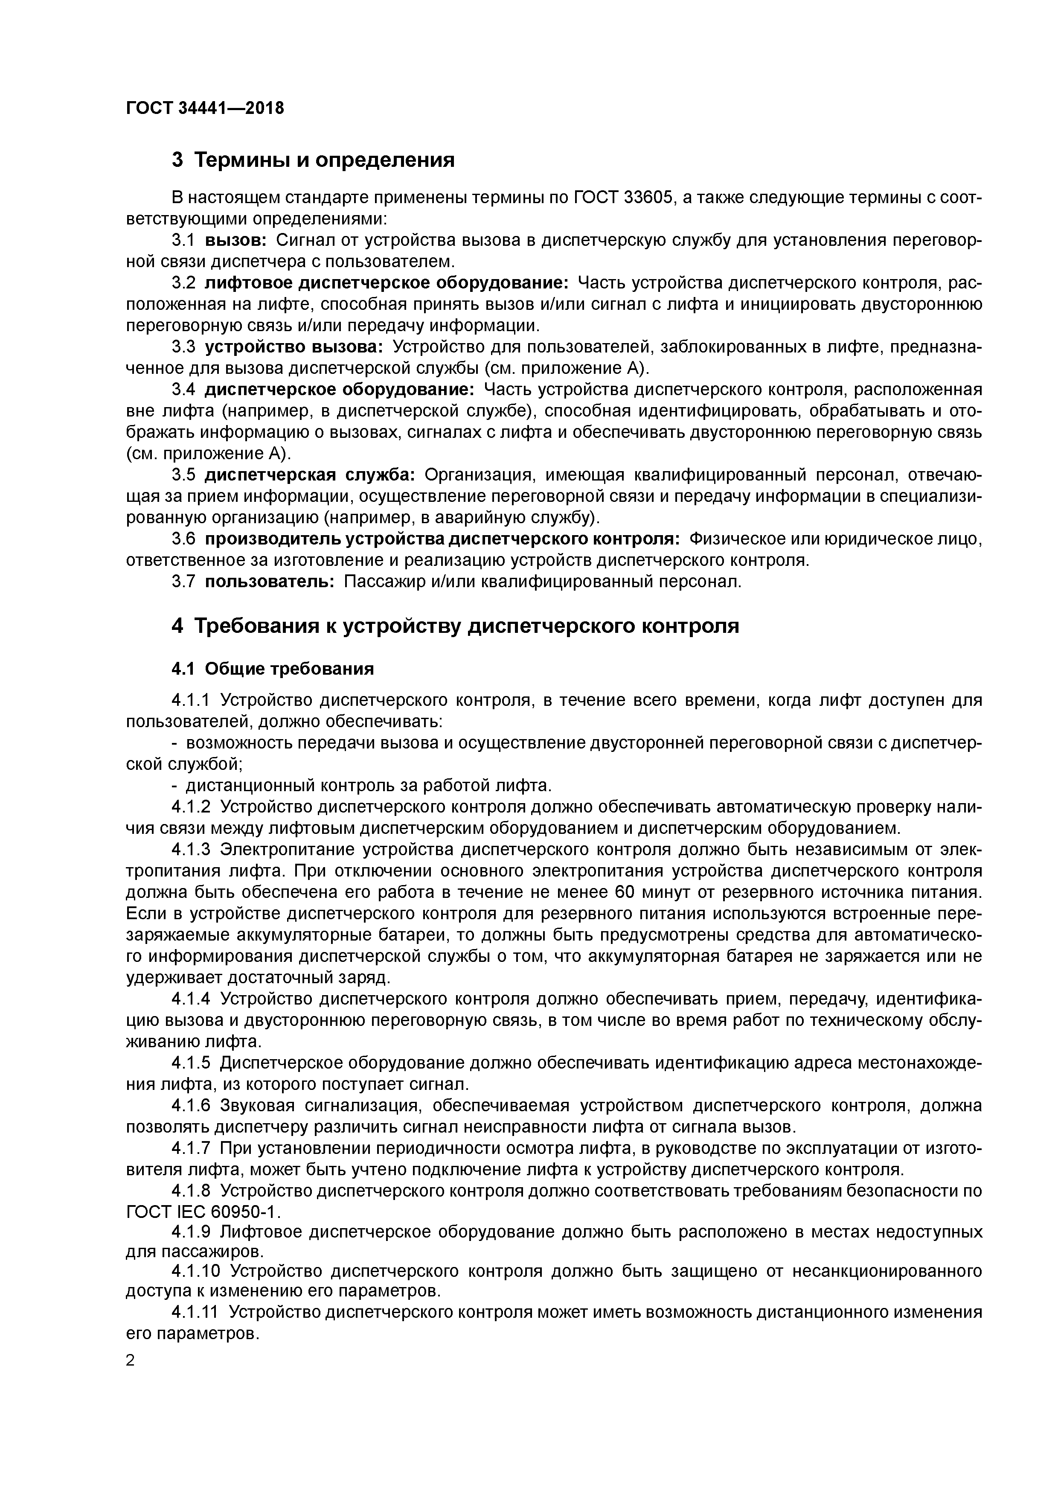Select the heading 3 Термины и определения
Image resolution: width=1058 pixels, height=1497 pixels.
[x=313, y=160]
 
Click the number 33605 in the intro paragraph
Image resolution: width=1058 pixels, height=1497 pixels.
[x=647, y=198]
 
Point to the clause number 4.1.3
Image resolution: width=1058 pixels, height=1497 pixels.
[x=191, y=850]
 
